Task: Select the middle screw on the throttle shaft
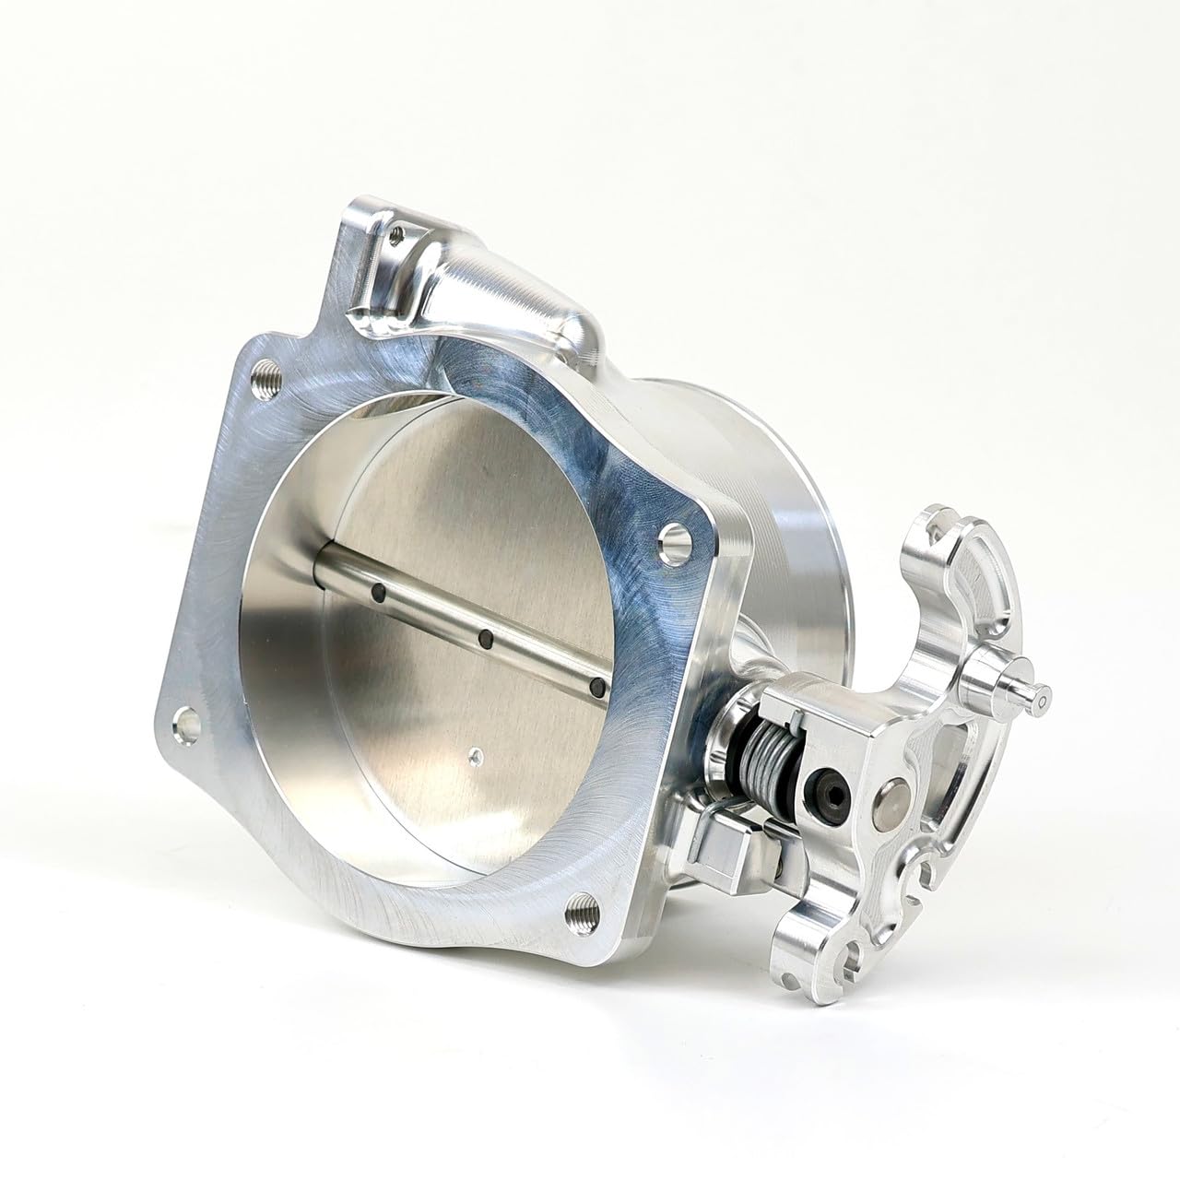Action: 487,638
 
